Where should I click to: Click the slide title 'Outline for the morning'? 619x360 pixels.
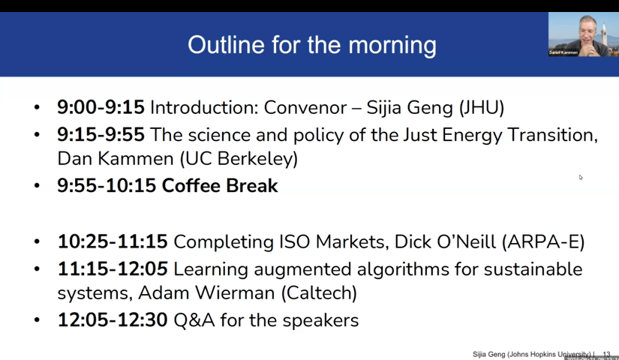click(311, 44)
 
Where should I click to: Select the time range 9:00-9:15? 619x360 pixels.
click(101, 107)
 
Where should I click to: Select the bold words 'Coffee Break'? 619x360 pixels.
click(220, 186)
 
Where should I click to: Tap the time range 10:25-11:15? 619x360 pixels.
click(113, 242)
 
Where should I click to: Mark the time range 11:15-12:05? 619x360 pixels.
click(113, 268)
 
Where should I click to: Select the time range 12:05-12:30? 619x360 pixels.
click(113, 320)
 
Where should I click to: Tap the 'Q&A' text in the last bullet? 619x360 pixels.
click(192, 320)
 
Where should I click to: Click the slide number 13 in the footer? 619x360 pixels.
click(606, 353)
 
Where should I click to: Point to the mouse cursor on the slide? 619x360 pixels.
click(580, 177)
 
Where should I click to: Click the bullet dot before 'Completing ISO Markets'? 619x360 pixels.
click(37, 243)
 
